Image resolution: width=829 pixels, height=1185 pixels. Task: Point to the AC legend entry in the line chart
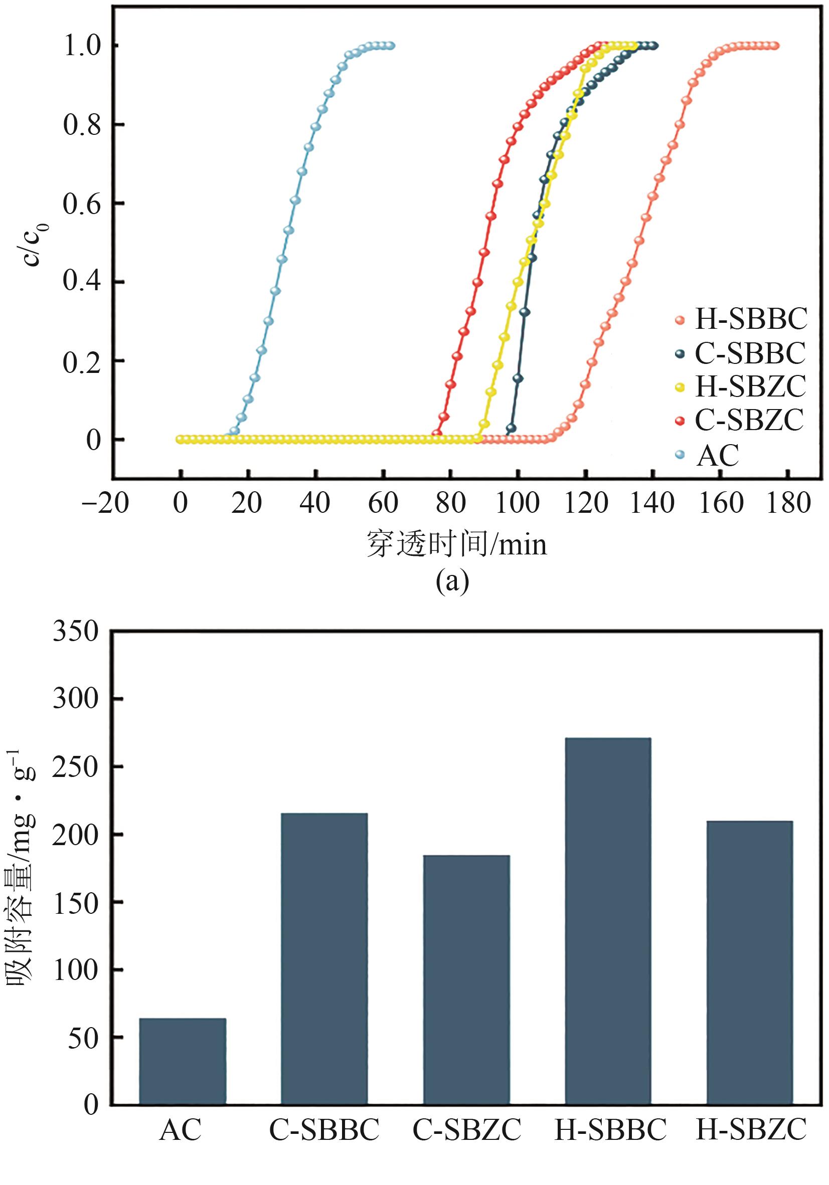pyautogui.click(x=718, y=455)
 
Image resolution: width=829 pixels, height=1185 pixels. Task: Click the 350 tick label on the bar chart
pyautogui.click(x=75, y=631)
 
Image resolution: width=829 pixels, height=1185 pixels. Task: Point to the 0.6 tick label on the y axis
pyautogui.click(x=82, y=204)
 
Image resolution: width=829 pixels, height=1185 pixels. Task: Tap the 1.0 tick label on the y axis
pyautogui.click(x=82, y=46)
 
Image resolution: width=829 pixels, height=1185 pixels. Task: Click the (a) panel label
pyautogui.click(x=453, y=581)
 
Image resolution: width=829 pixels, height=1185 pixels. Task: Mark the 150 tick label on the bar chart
pyautogui.click(x=75, y=903)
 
